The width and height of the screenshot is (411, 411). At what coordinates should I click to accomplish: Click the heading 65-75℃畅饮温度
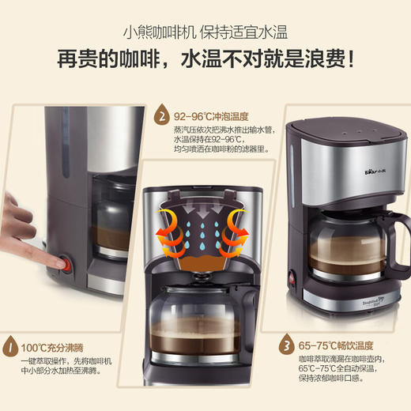[332, 346]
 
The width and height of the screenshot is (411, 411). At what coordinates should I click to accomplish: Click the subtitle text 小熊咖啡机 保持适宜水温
[205, 33]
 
